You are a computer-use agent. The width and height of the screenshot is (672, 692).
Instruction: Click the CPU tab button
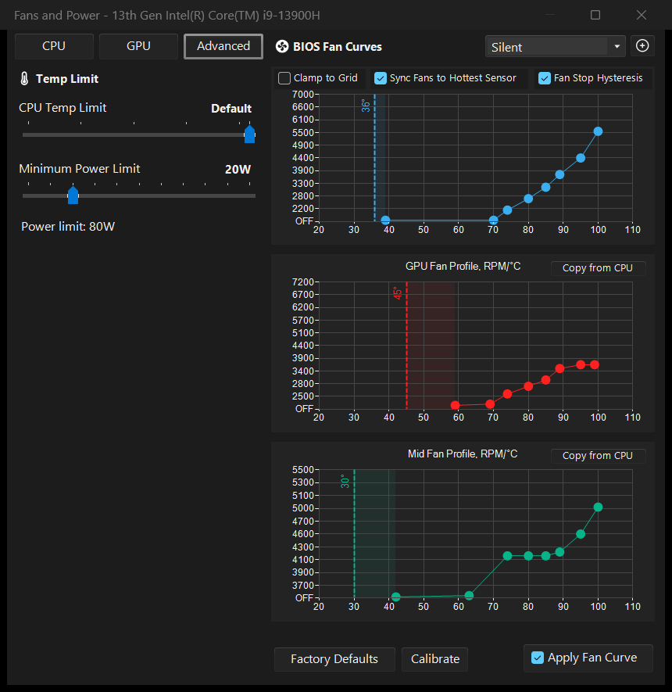54,46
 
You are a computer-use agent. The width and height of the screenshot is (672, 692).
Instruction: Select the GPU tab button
138,46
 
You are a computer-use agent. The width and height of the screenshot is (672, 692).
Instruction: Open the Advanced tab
223,46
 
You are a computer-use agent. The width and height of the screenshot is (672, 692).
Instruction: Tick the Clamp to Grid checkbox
284,78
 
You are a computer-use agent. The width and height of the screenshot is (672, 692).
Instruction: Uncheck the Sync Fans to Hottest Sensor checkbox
380,78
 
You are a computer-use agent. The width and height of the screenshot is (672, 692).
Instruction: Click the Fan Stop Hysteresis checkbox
545,78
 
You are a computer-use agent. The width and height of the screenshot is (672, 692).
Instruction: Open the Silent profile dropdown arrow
617,46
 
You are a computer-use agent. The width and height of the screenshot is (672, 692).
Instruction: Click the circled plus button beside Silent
642,45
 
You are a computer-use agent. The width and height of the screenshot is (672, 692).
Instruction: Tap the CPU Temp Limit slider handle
249,134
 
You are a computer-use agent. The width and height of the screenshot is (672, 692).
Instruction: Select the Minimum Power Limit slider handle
73,195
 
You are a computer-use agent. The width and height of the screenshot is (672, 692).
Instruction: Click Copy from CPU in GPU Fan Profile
598,268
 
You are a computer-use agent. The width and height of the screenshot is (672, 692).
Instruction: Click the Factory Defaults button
334,659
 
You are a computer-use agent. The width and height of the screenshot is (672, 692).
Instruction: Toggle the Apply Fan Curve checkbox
538,658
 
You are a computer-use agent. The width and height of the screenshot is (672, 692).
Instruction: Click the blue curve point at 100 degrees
598,131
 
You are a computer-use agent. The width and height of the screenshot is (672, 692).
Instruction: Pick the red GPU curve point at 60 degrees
456,405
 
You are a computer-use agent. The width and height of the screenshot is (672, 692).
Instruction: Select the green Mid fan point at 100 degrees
598,507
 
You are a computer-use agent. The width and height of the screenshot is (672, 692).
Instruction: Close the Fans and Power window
642,15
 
